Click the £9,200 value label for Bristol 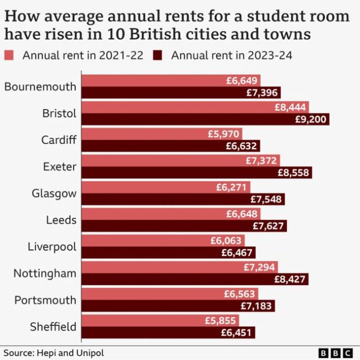click(313, 120)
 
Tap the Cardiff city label click(59, 140)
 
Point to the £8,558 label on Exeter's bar click(294, 173)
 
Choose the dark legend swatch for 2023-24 click(158, 55)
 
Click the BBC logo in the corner click(336, 353)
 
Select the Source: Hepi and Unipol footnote click(54, 353)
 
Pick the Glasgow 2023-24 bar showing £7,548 click(183, 199)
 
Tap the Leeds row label click(61, 220)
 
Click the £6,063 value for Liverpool click(227, 240)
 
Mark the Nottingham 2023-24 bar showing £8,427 click(194, 279)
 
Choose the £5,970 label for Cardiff click(224, 133)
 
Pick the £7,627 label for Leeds click(269, 226)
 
